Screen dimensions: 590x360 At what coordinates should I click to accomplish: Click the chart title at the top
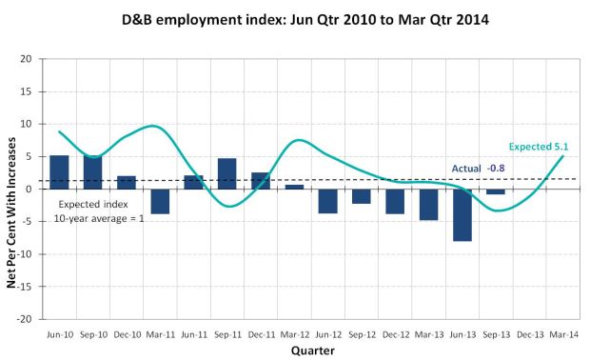pyautogui.click(x=305, y=20)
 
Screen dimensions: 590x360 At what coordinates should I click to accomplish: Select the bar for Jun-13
pyautogui.click(x=462, y=215)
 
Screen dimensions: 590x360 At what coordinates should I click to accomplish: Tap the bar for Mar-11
pyautogui.click(x=160, y=202)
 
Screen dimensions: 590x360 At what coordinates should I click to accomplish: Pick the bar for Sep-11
pyautogui.click(x=227, y=173)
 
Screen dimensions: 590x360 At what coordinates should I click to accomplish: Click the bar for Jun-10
pyautogui.click(x=59, y=172)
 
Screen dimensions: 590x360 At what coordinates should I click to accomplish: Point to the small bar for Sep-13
pyautogui.click(x=496, y=191)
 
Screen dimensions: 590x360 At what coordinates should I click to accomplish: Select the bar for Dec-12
pyautogui.click(x=395, y=202)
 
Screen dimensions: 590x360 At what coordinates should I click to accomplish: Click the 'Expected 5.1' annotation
pyautogui.click(x=539, y=147)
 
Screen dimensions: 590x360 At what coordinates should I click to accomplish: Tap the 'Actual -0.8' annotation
pyautogui.click(x=478, y=169)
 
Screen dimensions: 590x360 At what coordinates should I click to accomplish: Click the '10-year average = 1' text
pyautogui.click(x=99, y=218)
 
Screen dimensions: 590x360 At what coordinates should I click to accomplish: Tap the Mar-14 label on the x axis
pyautogui.click(x=563, y=334)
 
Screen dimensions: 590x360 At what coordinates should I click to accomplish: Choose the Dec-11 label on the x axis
pyautogui.click(x=261, y=334)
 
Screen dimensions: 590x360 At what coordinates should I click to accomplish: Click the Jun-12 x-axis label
pyautogui.click(x=328, y=334)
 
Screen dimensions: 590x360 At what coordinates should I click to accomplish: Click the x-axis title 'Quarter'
pyautogui.click(x=312, y=350)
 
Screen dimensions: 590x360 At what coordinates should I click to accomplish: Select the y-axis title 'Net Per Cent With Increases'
pyautogui.click(x=11, y=212)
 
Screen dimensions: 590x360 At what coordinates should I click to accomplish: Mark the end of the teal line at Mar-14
pyautogui.click(x=563, y=155)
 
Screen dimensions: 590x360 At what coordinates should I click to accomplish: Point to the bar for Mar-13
pyautogui.click(x=428, y=205)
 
